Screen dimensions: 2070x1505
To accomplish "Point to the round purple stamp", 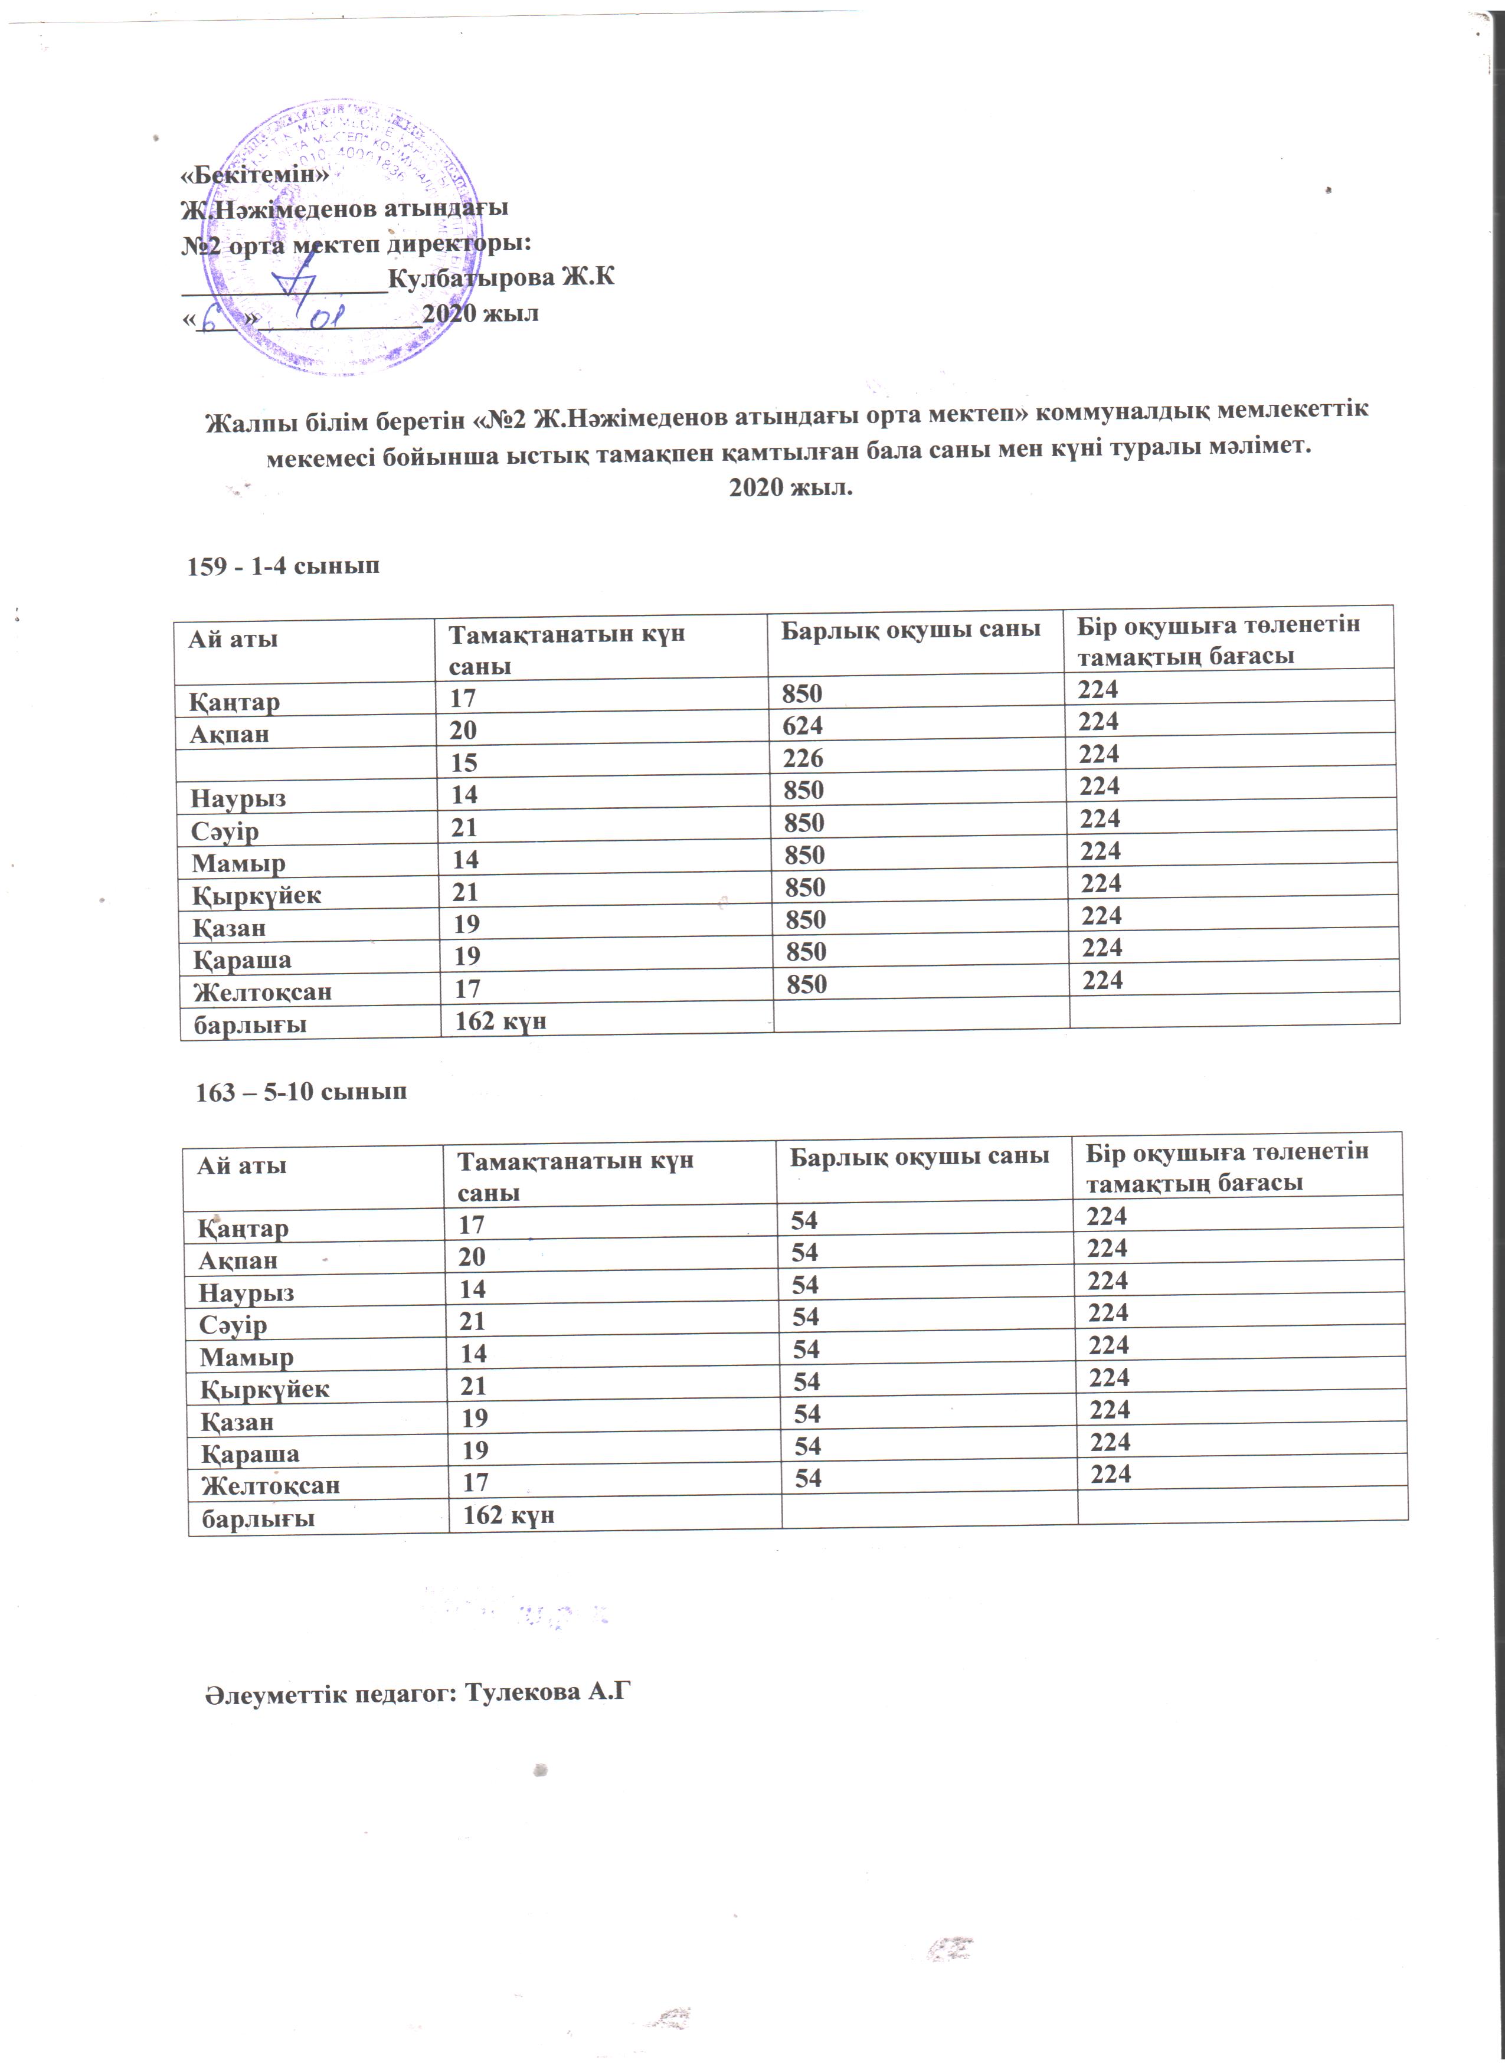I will [354, 237].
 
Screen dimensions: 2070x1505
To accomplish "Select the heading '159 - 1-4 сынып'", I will [283, 566].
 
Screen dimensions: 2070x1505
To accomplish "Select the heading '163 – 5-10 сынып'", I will [301, 1092].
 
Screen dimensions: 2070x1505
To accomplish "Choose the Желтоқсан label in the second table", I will [270, 1485].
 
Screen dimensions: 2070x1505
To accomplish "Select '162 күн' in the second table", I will [508, 1515].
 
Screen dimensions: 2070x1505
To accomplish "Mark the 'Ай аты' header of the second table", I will [242, 1165].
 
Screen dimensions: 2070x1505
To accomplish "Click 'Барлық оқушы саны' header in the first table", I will [910, 629].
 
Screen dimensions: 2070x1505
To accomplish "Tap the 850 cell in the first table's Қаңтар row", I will [801, 694].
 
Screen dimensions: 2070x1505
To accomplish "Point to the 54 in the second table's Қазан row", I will [807, 1414].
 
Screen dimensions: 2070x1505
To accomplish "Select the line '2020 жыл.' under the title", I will [790, 487].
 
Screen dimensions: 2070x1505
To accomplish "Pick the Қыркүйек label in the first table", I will [257, 895].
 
